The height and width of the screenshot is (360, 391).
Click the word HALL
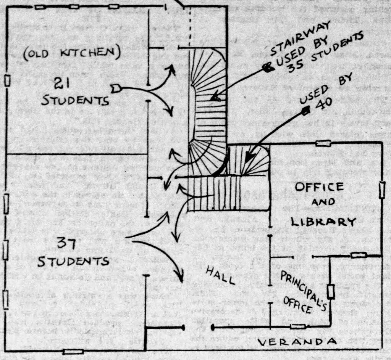click(221, 275)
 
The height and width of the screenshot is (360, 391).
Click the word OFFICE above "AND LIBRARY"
click(319, 187)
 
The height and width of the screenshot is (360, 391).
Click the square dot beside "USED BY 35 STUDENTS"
click(268, 68)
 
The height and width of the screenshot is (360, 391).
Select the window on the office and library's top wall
click(323, 144)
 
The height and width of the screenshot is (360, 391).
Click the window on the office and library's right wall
click(382, 190)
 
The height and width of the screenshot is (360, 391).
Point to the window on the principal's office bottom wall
click(297, 326)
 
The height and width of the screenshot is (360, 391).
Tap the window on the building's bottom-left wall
click(73, 351)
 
